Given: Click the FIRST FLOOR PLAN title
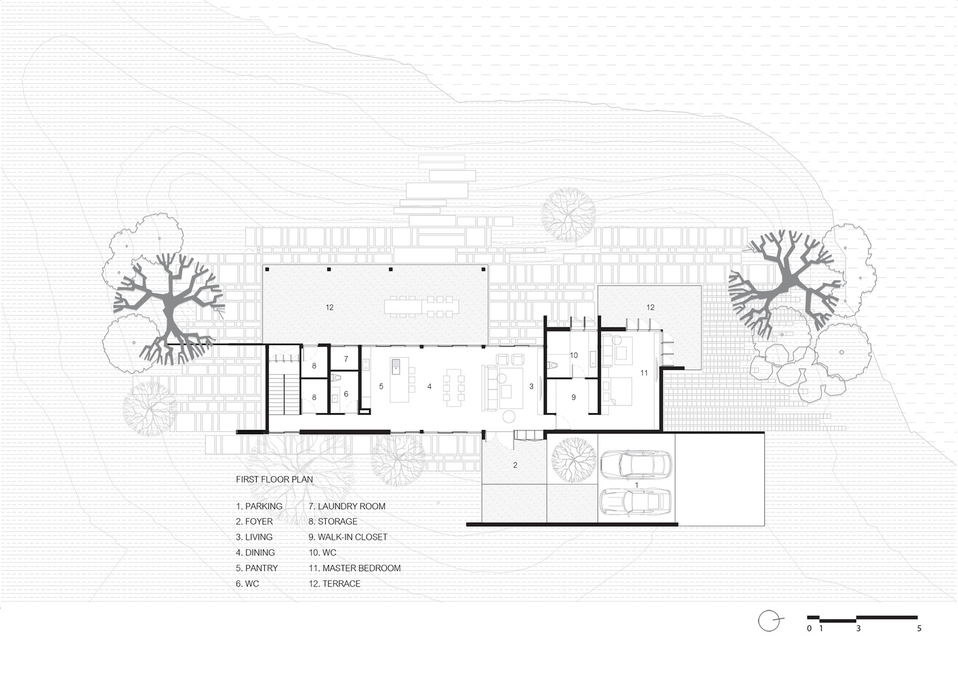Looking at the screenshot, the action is [274, 479].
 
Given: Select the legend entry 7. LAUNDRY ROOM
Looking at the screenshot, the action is [347, 506].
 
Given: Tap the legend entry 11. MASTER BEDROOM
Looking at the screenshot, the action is [354, 568].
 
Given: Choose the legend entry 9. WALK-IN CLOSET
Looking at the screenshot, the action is [348, 537].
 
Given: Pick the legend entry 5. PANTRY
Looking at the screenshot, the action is [257, 568].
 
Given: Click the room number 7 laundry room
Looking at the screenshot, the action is [346, 359].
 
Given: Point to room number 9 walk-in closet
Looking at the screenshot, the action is [574, 397].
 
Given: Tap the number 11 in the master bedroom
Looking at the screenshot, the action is [644, 373].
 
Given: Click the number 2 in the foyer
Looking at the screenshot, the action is [515, 465].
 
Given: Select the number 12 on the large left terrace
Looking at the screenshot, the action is [329, 307].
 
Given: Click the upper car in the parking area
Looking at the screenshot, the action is [636, 464].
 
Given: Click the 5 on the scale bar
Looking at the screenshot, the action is [919, 629].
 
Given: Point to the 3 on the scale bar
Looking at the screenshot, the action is [858, 629].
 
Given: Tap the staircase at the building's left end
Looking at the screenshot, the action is [284, 394].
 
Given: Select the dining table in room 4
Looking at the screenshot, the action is [453, 387].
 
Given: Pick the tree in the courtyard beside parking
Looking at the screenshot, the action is [574, 460].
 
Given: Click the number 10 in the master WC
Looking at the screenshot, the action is [574, 355].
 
